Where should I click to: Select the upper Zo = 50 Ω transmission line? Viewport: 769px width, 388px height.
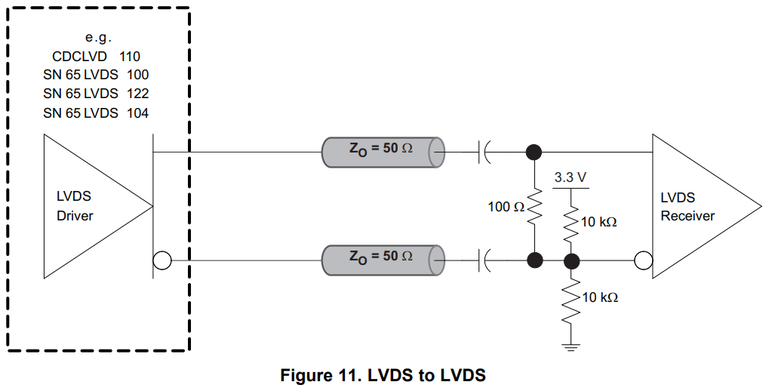tap(381, 152)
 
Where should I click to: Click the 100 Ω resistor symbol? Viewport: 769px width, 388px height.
tap(534, 206)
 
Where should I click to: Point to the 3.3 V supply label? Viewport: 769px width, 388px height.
tap(570, 177)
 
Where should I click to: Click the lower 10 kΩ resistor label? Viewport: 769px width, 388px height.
tap(599, 297)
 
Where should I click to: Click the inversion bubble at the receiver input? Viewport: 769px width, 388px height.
tap(643, 260)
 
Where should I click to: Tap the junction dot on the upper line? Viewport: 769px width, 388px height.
tap(534, 152)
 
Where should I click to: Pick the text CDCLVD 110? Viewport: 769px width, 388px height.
tap(96, 56)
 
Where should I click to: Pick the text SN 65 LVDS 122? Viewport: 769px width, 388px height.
tap(96, 94)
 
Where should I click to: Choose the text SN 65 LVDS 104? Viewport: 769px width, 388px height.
tap(96, 112)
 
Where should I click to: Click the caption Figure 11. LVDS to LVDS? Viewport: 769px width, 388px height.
tap(383, 374)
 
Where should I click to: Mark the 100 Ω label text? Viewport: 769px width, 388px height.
tap(506, 206)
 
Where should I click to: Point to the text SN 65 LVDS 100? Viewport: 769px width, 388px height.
tap(96, 75)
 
